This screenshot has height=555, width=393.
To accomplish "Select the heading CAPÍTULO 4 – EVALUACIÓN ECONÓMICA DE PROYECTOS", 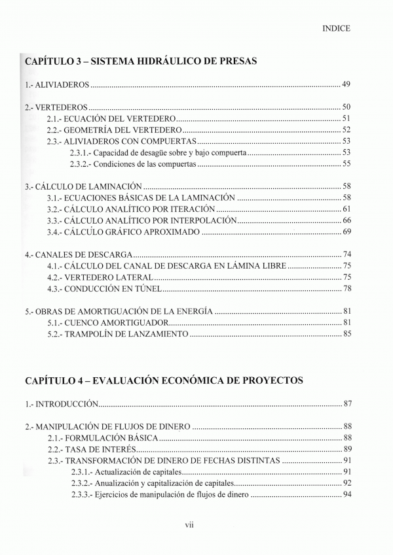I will pyautogui.click(x=164, y=380).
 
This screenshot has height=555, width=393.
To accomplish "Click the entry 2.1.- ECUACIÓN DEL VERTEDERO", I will pyautogui.click(x=111, y=118).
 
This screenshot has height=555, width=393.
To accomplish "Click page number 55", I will pyautogui.click(x=347, y=163).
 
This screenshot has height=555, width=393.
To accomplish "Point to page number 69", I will pyautogui.click(x=347, y=232).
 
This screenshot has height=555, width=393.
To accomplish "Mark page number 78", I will pyautogui.click(x=347, y=289).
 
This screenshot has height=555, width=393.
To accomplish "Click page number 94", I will pyautogui.click(x=347, y=495).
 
